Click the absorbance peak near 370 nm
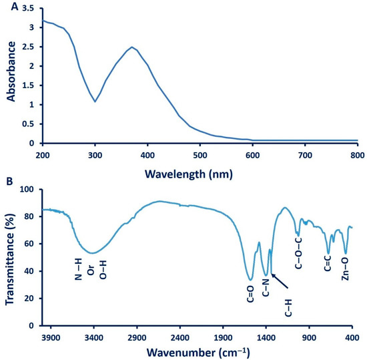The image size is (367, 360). pyautogui.click(x=132, y=47)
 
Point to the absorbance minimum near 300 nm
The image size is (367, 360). pyautogui.click(x=95, y=102)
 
